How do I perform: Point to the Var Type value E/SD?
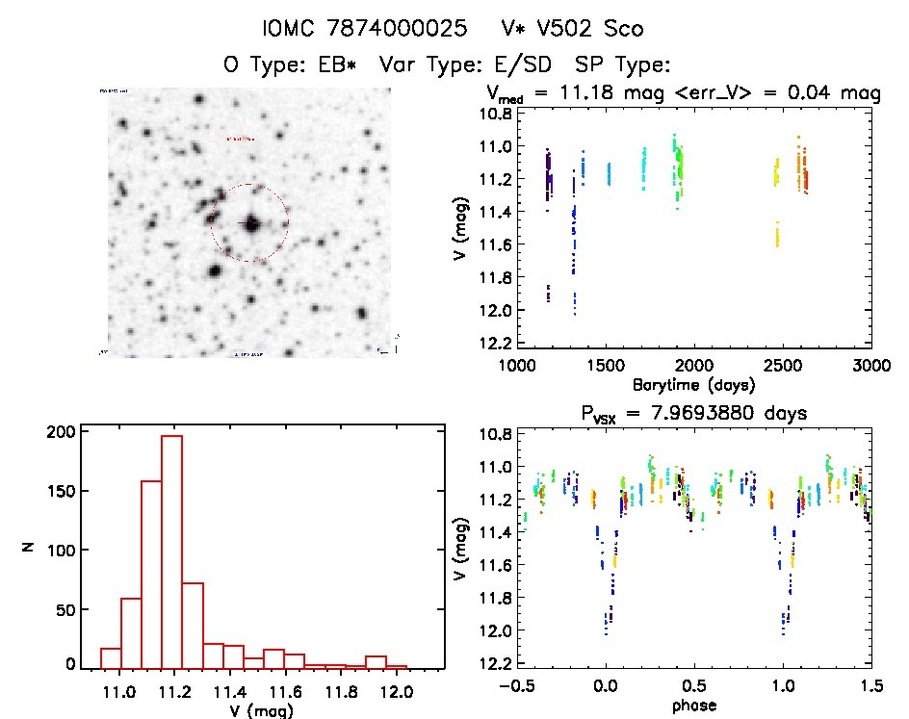tap(515, 65)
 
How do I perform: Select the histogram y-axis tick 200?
tap(58, 432)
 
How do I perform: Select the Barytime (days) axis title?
tap(693, 384)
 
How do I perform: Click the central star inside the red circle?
tap(250, 223)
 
